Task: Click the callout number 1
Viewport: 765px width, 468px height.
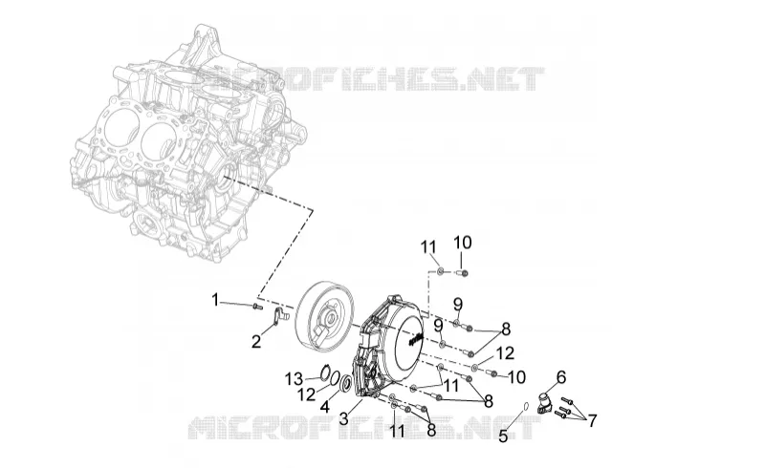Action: tap(214, 300)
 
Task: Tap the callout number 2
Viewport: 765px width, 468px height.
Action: tap(256, 342)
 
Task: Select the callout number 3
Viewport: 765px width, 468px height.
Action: tap(344, 418)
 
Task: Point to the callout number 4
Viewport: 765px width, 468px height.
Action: tap(325, 406)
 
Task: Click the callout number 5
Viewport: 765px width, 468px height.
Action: tap(503, 436)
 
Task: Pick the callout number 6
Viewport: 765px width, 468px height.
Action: tap(561, 377)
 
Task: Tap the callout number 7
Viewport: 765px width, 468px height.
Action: tap(592, 419)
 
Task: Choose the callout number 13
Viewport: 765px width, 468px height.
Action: tap(295, 378)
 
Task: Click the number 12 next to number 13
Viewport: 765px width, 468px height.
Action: tap(307, 394)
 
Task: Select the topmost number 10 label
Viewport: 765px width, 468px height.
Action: tap(463, 242)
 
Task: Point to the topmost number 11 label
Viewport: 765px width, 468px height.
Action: tap(428, 247)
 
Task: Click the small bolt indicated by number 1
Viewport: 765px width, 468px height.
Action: tap(257, 307)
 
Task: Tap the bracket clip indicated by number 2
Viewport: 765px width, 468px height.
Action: tap(279, 316)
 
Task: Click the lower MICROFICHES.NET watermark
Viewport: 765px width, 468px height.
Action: tap(364, 427)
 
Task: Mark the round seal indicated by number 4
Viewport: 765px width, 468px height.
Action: tap(346, 383)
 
